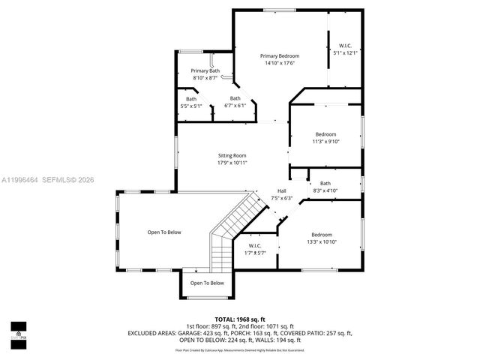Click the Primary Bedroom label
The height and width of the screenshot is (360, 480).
click(x=279, y=56)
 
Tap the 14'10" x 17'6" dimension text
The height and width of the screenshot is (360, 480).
click(x=279, y=63)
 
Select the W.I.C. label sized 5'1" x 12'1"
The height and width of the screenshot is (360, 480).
click(x=345, y=46)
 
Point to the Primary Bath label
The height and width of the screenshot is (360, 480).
click(x=205, y=70)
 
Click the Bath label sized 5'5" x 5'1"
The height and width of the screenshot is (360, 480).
click(x=191, y=99)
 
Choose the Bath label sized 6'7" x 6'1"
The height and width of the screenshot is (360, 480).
click(x=235, y=98)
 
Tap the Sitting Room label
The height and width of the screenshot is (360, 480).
click(x=232, y=155)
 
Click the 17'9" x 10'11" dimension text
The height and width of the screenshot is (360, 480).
click(x=232, y=163)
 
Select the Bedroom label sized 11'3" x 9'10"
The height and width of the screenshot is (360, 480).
click(x=325, y=134)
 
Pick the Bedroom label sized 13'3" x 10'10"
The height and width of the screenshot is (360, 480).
click(x=321, y=234)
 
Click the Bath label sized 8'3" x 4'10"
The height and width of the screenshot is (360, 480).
click(x=325, y=184)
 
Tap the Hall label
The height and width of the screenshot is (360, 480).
click(x=281, y=191)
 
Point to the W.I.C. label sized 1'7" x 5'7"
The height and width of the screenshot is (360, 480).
click(x=254, y=246)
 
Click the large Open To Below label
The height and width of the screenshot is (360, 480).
click(x=164, y=232)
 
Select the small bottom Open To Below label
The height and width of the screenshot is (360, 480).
click(x=206, y=283)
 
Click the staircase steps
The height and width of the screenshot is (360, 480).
click(x=225, y=232)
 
